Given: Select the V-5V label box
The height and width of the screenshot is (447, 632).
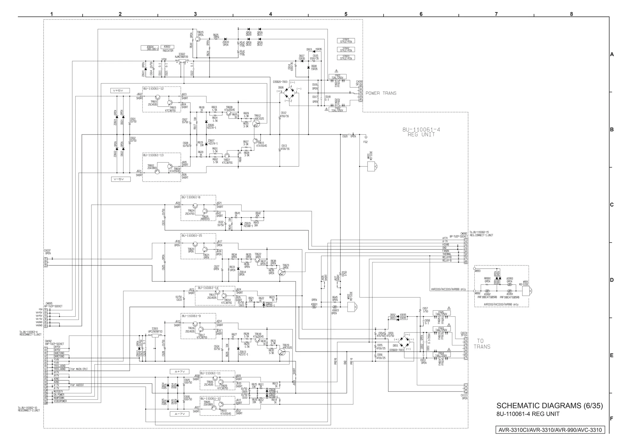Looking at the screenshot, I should (121, 179).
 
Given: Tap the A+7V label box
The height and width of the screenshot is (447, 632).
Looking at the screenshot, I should (179, 372).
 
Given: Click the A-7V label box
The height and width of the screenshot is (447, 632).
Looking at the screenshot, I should (179, 414).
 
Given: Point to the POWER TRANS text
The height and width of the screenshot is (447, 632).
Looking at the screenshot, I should (381, 93).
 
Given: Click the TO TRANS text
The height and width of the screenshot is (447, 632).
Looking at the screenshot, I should (482, 344).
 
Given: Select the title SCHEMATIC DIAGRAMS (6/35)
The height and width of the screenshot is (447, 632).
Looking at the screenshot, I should (549, 406).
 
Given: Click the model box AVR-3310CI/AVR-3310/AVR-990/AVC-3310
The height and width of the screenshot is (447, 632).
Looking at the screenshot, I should (550, 430).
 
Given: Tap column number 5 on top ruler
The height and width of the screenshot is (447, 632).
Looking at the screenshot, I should (346, 14).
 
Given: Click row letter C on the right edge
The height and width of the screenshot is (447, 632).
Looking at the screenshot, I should (612, 205).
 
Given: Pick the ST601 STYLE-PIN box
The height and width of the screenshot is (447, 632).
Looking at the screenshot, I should (346, 41).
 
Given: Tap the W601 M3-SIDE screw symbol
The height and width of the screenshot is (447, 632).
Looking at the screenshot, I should (372, 167).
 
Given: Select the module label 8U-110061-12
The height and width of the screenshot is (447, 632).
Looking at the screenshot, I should (153, 89).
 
